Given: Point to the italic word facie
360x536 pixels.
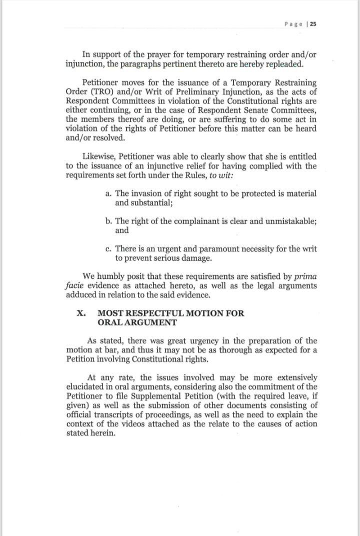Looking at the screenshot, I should click(74, 285).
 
